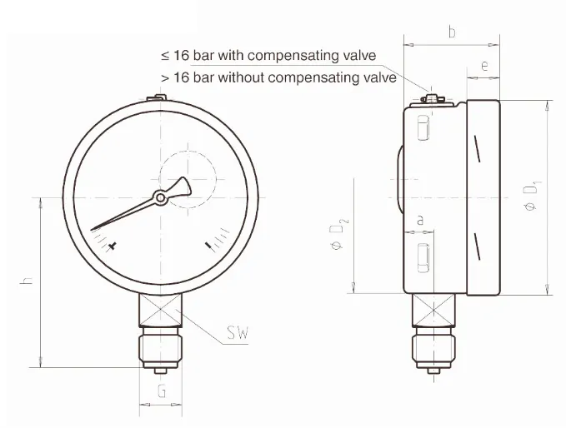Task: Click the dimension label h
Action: [x=27, y=281]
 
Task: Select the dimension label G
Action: [x=162, y=391]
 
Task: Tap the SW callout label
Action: [x=238, y=333]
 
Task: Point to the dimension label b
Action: [x=452, y=32]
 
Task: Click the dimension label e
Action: [x=484, y=66]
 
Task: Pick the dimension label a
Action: [x=420, y=220]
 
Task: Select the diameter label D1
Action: [x=532, y=196]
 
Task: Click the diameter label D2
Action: [x=338, y=234]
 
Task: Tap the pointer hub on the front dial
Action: [x=160, y=197]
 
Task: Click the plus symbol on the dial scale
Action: [x=113, y=246]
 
